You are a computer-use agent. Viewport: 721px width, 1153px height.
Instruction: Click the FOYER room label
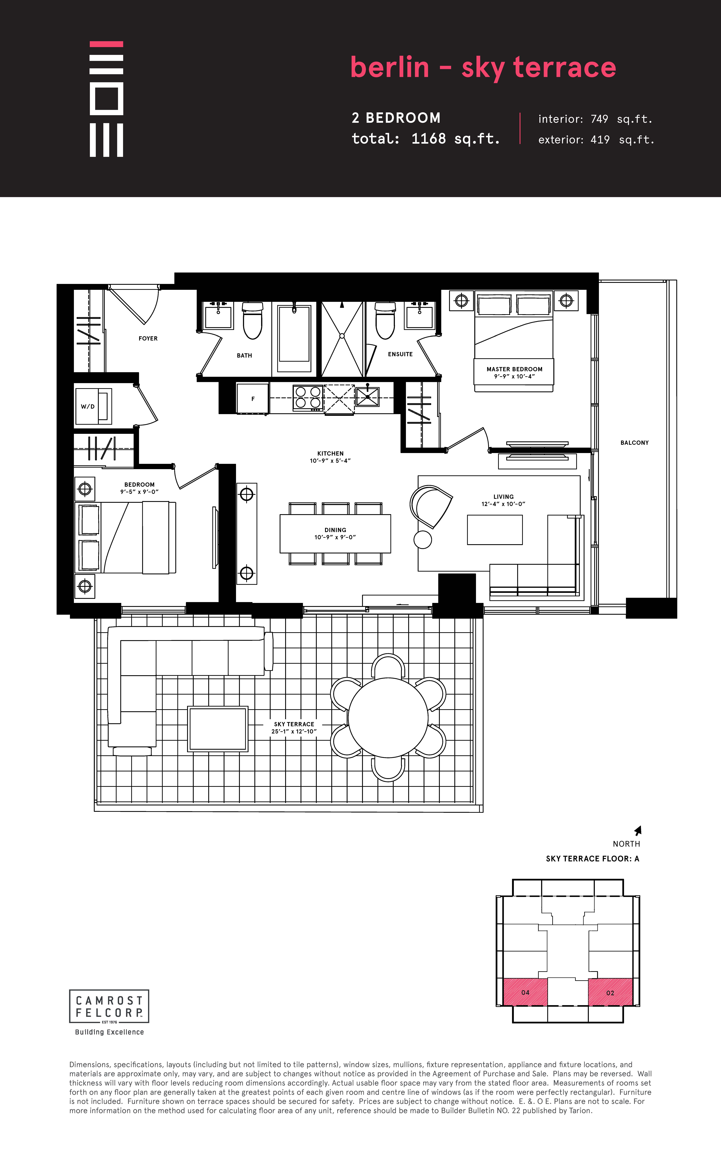(x=148, y=338)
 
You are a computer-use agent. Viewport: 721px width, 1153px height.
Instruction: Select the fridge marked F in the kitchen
(x=252, y=398)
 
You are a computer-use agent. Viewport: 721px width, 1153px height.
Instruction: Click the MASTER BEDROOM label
(x=515, y=369)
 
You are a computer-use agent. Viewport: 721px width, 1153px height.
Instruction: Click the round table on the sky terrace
(x=388, y=718)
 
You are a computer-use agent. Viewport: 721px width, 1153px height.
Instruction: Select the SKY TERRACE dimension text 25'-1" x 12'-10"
(x=294, y=731)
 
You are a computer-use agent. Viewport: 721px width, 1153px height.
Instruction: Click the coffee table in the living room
(x=495, y=530)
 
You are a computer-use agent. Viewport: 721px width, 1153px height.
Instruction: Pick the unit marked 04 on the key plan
(x=525, y=992)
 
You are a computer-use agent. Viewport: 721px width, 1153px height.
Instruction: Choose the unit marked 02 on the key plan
(x=610, y=992)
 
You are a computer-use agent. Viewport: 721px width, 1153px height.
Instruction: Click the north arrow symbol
(x=638, y=830)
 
